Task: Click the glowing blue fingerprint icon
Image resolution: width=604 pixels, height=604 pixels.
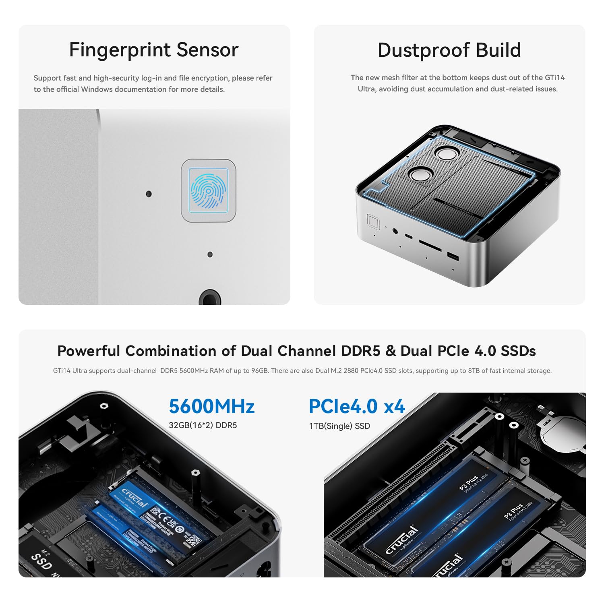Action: (x=208, y=190)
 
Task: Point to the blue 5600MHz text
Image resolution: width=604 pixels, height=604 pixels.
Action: (x=211, y=406)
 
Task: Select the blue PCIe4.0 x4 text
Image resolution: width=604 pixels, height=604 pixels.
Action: (x=356, y=406)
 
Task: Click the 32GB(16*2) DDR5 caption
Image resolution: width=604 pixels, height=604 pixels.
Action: (x=203, y=425)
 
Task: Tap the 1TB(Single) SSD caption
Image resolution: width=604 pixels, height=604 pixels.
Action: (x=339, y=426)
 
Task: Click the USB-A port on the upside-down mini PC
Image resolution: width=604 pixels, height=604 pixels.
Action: (x=453, y=256)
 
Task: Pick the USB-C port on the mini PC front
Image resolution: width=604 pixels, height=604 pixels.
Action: (x=408, y=236)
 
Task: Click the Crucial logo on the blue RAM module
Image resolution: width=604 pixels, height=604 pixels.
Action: (x=134, y=498)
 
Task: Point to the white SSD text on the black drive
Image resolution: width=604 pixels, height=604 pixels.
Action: (x=41, y=561)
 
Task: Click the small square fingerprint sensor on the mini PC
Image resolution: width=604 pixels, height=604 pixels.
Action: (x=373, y=221)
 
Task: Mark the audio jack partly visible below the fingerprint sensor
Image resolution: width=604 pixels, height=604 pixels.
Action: (x=209, y=298)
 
